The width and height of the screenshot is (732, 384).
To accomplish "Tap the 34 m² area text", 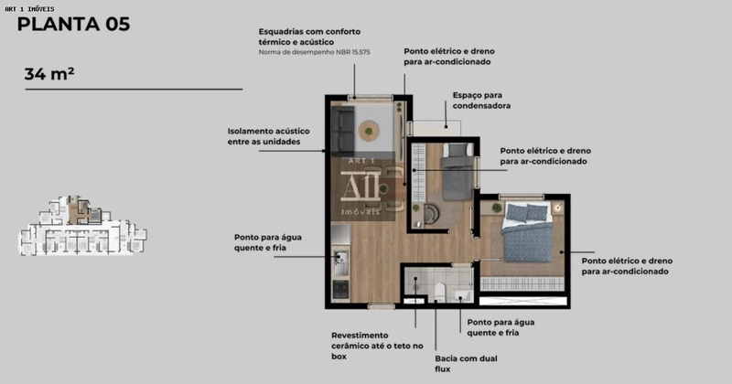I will pyautogui.click(x=49, y=74).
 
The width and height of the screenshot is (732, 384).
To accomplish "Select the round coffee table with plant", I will pyautogui.click(x=369, y=131).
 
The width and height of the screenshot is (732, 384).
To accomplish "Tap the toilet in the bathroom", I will pyautogui.click(x=439, y=292).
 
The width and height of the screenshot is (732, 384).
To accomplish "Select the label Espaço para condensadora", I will pyautogui.click(x=481, y=101).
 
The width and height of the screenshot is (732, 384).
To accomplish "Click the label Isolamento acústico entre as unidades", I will pyautogui.click(x=269, y=136).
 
